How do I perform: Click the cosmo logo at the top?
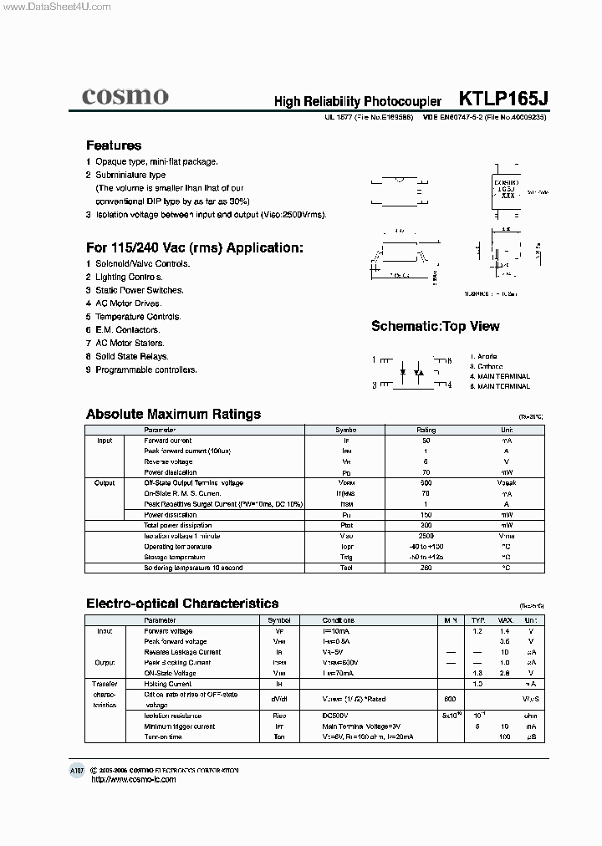point(125,96)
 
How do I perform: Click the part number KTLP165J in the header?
point(503,99)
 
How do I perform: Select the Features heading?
point(114,145)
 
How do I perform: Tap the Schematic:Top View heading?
point(435,326)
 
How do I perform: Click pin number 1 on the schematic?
point(375,359)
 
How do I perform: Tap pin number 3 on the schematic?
point(375,385)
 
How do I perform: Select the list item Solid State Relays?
point(131,356)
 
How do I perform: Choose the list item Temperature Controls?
point(138,317)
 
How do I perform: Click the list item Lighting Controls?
point(129,277)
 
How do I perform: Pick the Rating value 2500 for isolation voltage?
point(426,536)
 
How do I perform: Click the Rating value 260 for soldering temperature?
point(426,568)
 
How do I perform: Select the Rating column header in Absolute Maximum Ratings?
point(426,430)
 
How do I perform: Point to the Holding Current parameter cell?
point(168,684)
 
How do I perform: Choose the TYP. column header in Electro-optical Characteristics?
point(477,620)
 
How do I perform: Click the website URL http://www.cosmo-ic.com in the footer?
point(133,779)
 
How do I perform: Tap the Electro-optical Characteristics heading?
point(182,603)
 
